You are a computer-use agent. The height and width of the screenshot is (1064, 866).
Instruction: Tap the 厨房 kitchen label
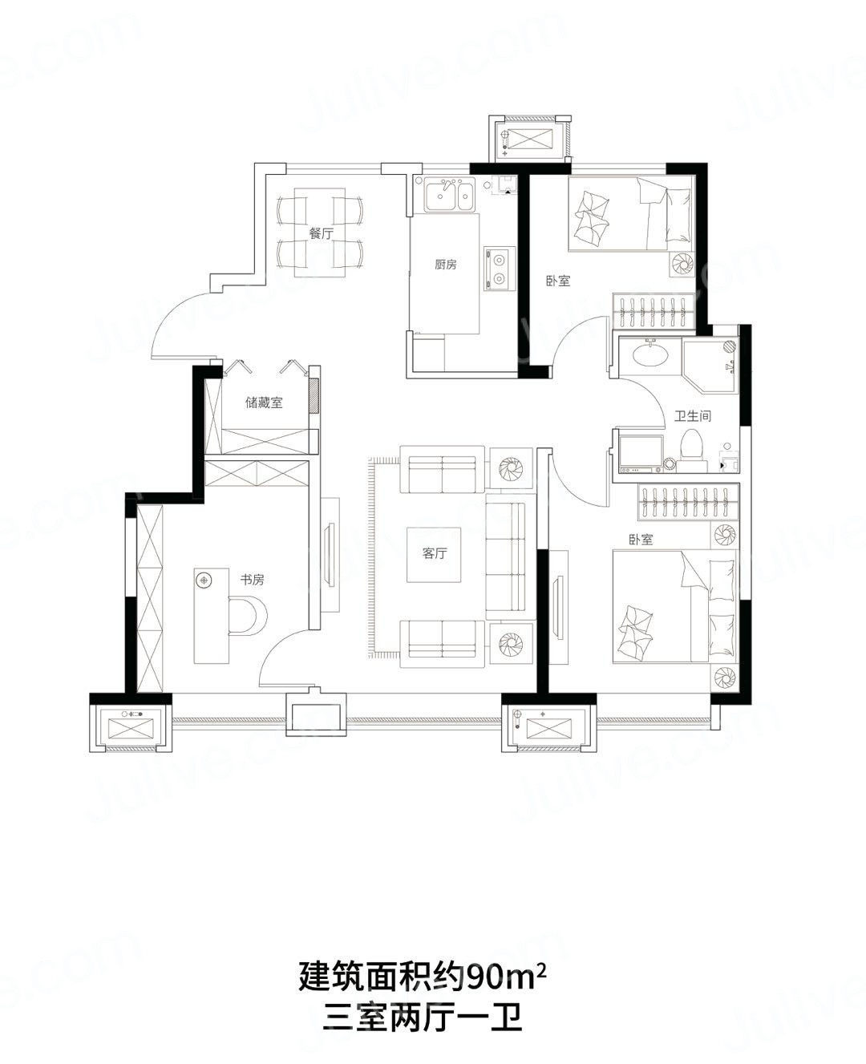point(446,265)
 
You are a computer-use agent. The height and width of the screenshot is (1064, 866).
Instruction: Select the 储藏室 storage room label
point(264,403)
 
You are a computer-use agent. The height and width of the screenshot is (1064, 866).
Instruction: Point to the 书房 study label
point(252,580)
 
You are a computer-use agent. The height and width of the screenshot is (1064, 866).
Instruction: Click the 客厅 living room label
point(435,553)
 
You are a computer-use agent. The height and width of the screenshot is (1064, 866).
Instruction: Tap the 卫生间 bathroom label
point(693,415)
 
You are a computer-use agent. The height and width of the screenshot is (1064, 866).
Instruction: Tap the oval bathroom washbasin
point(649,356)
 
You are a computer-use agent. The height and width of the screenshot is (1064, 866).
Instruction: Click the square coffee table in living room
point(434,555)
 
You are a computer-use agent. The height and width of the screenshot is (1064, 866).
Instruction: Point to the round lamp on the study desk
point(203,580)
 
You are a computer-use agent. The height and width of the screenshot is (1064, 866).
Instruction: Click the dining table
point(320,233)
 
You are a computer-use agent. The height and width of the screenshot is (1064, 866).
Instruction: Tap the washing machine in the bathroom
point(641,454)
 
